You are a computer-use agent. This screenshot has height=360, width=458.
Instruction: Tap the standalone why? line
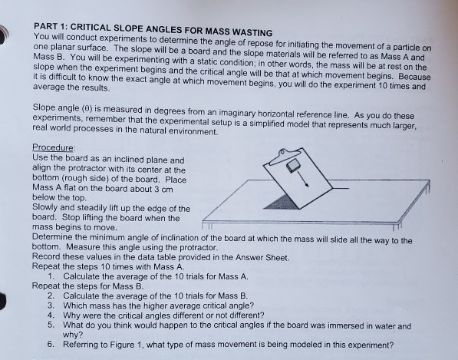(74, 335)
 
